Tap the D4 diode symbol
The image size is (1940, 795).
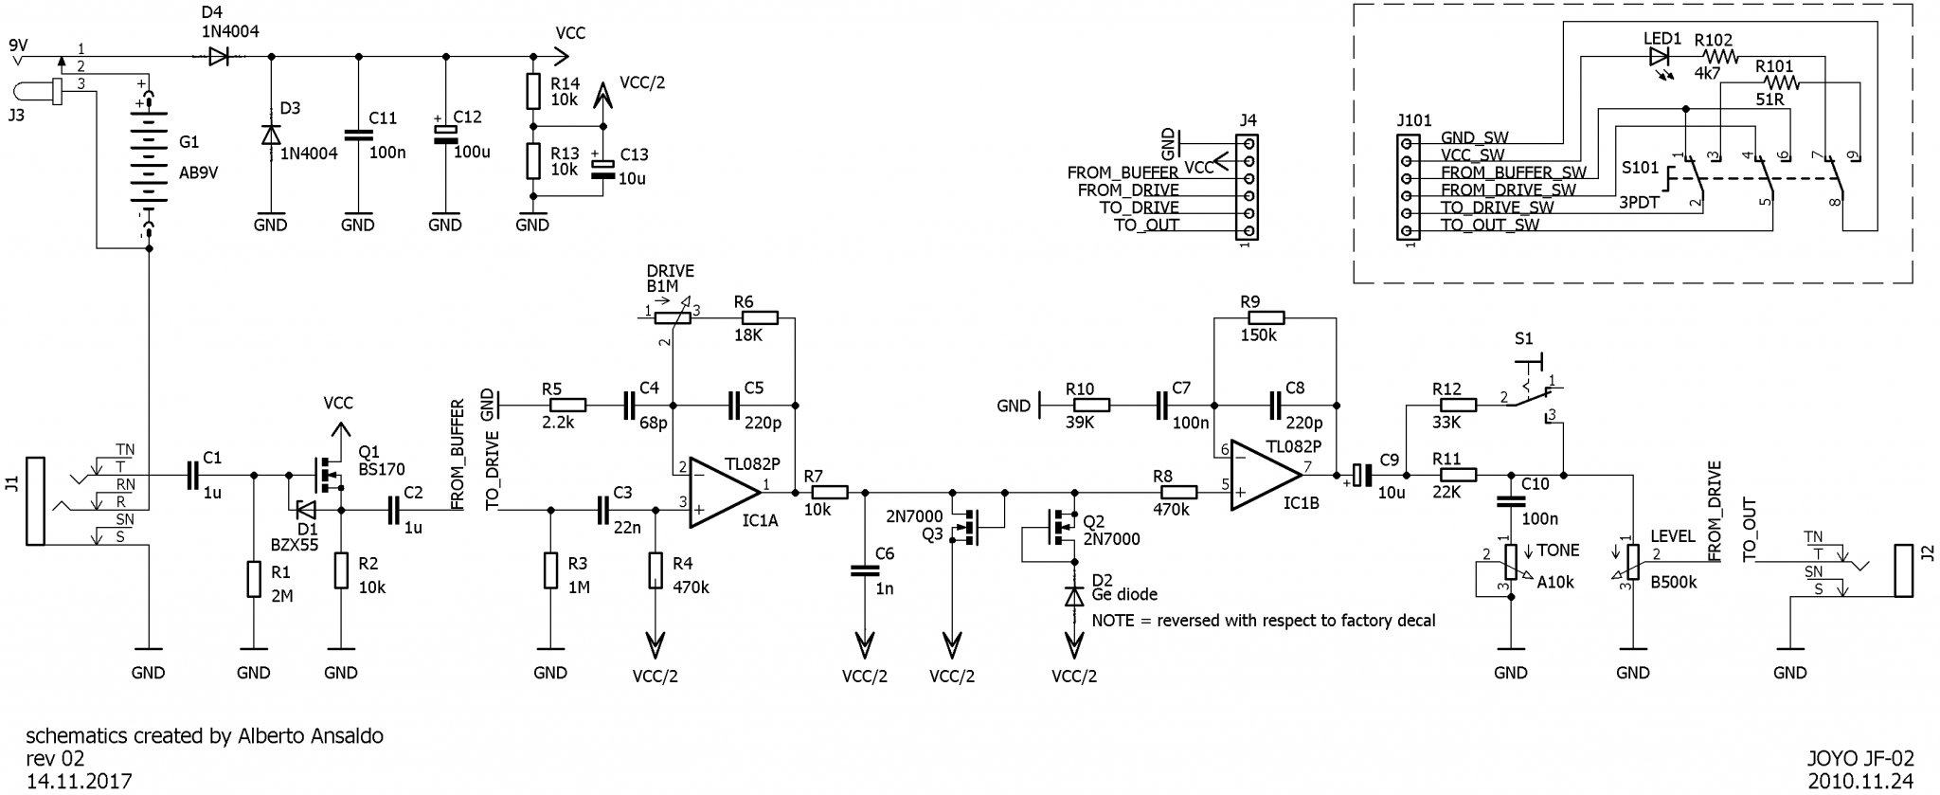click(218, 56)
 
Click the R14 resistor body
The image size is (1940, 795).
click(532, 91)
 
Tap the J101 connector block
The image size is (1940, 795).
click(1407, 187)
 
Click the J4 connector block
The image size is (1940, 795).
click(1248, 187)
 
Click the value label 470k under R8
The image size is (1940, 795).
click(1171, 510)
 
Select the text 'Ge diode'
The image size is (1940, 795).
click(1125, 595)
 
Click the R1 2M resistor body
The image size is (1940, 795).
click(253, 579)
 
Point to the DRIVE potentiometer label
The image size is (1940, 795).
click(671, 271)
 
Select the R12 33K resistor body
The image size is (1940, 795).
click(1446, 406)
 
